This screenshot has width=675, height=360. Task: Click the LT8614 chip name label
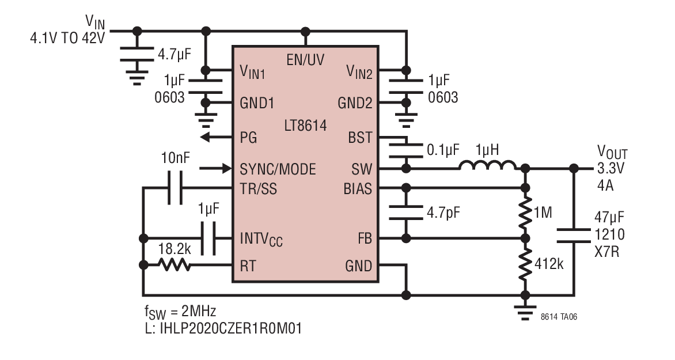[x=305, y=126]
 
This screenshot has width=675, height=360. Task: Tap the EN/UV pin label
[x=305, y=60]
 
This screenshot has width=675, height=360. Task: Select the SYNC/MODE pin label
[x=278, y=169]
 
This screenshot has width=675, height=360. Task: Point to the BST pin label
[x=360, y=138]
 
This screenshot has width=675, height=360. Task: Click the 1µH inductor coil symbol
[x=487, y=165]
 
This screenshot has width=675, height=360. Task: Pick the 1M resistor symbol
[x=525, y=213]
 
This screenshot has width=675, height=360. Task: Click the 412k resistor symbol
[x=525, y=264]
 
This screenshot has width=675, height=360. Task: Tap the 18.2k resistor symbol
[x=175, y=265]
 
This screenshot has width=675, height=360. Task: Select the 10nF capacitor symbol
[x=175, y=188]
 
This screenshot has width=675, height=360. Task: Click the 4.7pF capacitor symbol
[x=405, y=213]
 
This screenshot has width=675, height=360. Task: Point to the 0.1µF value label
[x=443, y=150]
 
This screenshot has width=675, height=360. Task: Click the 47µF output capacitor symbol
[x=574, y=236]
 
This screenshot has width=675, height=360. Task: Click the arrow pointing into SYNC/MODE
[x=217, y=168]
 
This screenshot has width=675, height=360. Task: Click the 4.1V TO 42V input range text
[x=67, y=39]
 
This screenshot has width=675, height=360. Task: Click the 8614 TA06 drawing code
[x=559, y=317]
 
